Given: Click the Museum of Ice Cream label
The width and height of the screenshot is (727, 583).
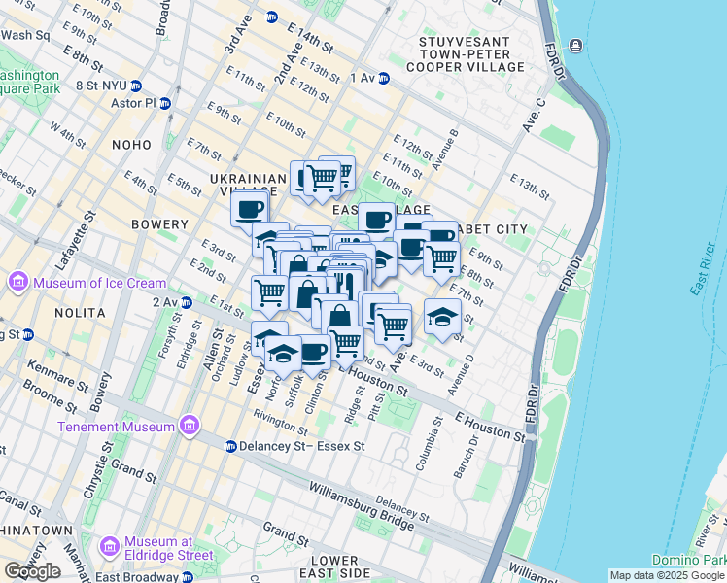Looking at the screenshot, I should (99, 283).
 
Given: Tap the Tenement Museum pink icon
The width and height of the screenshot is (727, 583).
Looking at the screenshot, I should (190, 427).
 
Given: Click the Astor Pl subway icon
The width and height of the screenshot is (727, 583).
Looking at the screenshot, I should (166, 103).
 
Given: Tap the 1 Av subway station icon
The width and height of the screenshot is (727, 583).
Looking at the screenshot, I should (384, 78).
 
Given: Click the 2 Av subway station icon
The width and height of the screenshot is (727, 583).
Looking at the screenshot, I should (186, 302).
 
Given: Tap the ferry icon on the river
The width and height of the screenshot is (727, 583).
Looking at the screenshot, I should (576, 46).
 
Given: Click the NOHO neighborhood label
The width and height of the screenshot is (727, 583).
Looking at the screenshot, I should (131, 145).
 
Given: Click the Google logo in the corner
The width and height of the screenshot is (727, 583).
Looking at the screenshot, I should (32, 571).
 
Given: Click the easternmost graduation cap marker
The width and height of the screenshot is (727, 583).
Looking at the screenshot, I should (442, 317).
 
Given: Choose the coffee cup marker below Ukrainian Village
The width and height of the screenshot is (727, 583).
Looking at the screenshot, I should (250, 207).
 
